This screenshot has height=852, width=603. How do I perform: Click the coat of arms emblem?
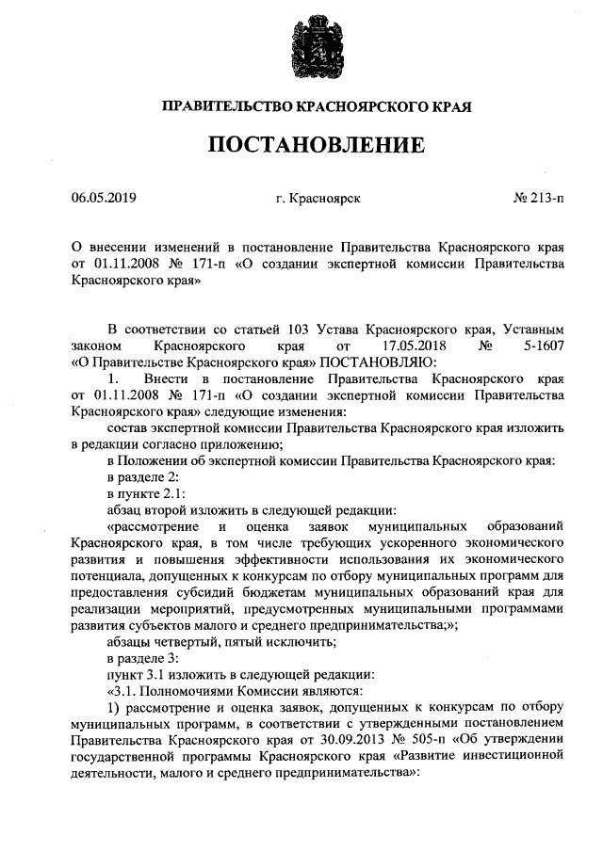[301, 51]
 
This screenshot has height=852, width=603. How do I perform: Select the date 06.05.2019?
[104, 199]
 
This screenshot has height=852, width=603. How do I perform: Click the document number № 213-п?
[539, 199]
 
